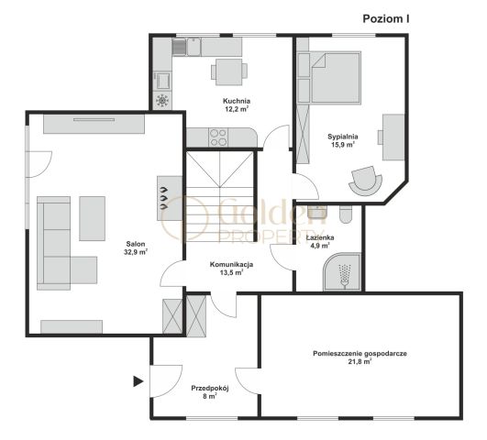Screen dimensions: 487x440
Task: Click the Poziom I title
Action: coord(386,19)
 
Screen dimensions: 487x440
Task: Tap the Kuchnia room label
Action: coord(237,101)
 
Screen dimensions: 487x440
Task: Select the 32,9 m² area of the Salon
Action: coord(136,252)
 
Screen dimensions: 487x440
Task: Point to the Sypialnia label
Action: coord(343,137)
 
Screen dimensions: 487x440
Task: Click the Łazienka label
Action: coord(320,237)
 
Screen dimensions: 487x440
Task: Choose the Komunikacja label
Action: coord(231,265)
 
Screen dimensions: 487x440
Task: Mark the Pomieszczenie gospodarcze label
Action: coord(360,353)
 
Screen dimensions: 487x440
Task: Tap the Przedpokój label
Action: coord(210,388)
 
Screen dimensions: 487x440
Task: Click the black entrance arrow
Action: coord(138,381)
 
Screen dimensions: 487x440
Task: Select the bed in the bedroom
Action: coord(335,77)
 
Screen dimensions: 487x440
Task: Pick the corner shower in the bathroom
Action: coord(342,272)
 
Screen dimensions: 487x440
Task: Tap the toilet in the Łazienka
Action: coord(346,214)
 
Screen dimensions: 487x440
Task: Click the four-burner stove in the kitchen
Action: coord(218,137)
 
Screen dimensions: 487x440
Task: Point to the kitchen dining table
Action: coord(229,71)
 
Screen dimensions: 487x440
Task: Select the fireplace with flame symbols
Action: coord(170,198)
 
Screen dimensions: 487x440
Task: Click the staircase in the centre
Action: coord(220,196)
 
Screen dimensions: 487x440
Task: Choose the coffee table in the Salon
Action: coord(92,218)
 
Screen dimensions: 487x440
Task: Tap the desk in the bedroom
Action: coord(393,137)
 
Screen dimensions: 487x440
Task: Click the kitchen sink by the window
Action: coord(194,47)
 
